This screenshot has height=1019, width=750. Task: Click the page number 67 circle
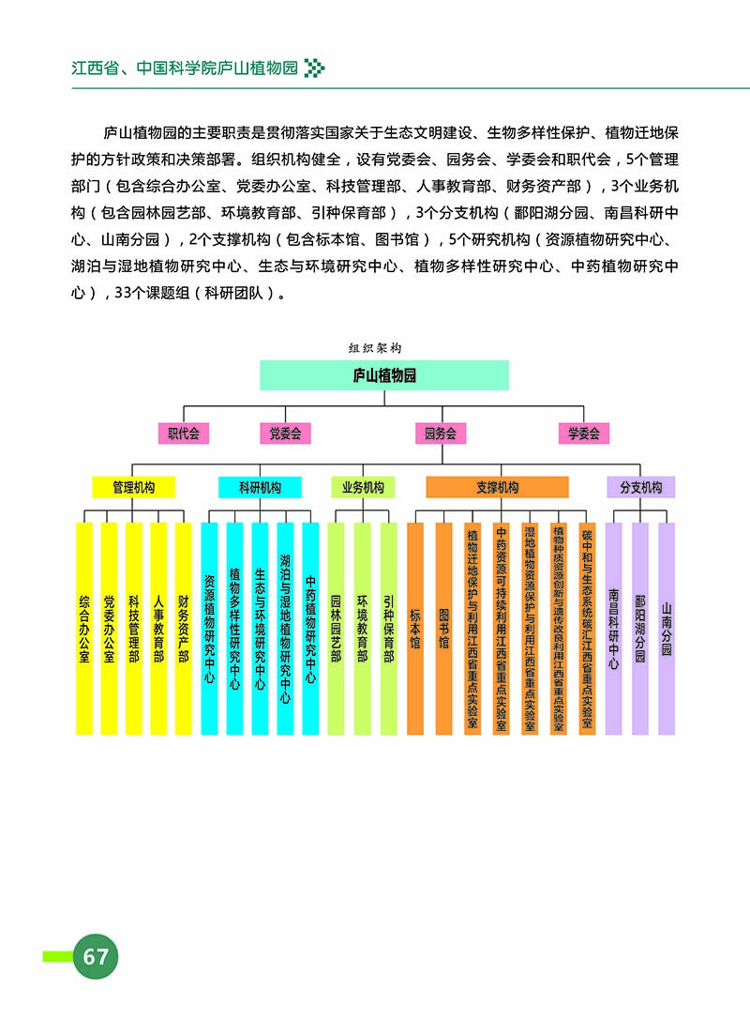point(96,956)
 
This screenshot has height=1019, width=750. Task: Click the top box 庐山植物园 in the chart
point(383,375)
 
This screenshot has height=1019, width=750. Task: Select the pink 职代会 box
point(183,433)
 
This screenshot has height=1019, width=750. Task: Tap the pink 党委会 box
point(285,433)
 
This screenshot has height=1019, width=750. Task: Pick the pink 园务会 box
point(441,433)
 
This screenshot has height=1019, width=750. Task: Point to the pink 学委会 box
point(583,433)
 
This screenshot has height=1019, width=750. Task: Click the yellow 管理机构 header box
point(133,487)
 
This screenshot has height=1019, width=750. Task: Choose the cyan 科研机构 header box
point(260,487)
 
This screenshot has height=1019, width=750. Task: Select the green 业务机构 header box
point(363,487)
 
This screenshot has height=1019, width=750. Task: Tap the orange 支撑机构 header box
point(497,487)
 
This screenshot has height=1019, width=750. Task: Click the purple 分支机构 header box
point(641,487)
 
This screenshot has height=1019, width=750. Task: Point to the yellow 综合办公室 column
point(84,629)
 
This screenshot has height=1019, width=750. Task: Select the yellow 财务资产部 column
point(184,629)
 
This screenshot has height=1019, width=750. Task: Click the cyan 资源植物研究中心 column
point(209,629)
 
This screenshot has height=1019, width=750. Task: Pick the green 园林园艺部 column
point(336,629)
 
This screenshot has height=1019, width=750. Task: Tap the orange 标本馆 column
point(415,629)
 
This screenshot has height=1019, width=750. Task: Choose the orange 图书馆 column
point(444,629)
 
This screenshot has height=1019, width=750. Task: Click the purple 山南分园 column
point(667,629)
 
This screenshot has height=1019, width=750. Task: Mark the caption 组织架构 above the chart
point(375,347)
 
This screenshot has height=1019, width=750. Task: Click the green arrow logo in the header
point(315,68)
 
